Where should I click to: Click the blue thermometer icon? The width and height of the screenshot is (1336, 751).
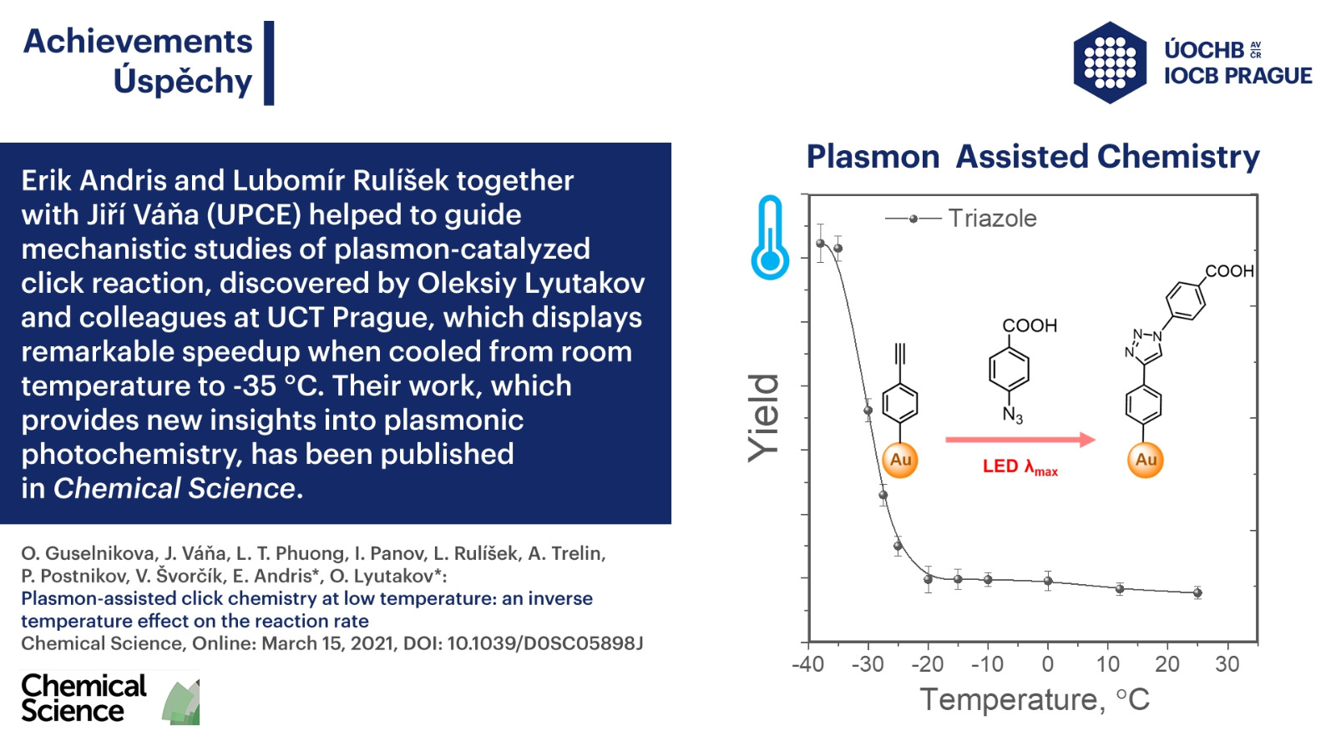pyautogui.click(x=770, y=237)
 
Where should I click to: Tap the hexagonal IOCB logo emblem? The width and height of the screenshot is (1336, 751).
pyautogui.click(x=1110, y=63)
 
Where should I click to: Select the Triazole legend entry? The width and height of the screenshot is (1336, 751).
pyautogui.click(x=961, y=219)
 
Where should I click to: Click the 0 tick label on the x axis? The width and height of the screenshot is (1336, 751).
pyautogui.click(x=1047, y=664)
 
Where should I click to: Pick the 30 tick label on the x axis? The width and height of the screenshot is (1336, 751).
pyautogui.click(x=1227, y=664)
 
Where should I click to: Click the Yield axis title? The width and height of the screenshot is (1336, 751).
pyautogui.click(x=764, y=418)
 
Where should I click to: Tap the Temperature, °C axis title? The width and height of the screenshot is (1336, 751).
pyautogui.click(x=1035, y=700)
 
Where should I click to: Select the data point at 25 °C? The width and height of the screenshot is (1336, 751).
pyautogui.click(x=1197, y=592)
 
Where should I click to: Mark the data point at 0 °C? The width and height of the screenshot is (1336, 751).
pyautogui.click(x=1048, y=581)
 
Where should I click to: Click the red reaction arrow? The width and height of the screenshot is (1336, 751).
pyautogui.click(x=1020, y=440)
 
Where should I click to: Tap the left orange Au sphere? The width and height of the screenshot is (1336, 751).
pyautogui.click(x=900, y=460)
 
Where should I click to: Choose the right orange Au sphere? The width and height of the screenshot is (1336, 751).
pyautogui.click(x=1145, y=460)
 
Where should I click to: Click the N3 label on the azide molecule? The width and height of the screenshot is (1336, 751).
pyautogui.click(x=1012, y=415)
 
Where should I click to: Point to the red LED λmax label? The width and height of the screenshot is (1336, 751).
pyautogui.click(x=1020, y=466)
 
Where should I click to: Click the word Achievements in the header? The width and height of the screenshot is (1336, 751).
pyautogui.click(x=138, y=42)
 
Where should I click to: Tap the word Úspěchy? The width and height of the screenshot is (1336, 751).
pyautogui.click(x=183, y=80)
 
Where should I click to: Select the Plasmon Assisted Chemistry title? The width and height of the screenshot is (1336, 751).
pyautogui.click(x=1033, y=157)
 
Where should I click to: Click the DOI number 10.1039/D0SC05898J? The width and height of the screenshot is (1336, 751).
pyautogui.click(x=545, y=643)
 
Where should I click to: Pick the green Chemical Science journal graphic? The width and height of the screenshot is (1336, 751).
pyautogui.click(x=181, y=703)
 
